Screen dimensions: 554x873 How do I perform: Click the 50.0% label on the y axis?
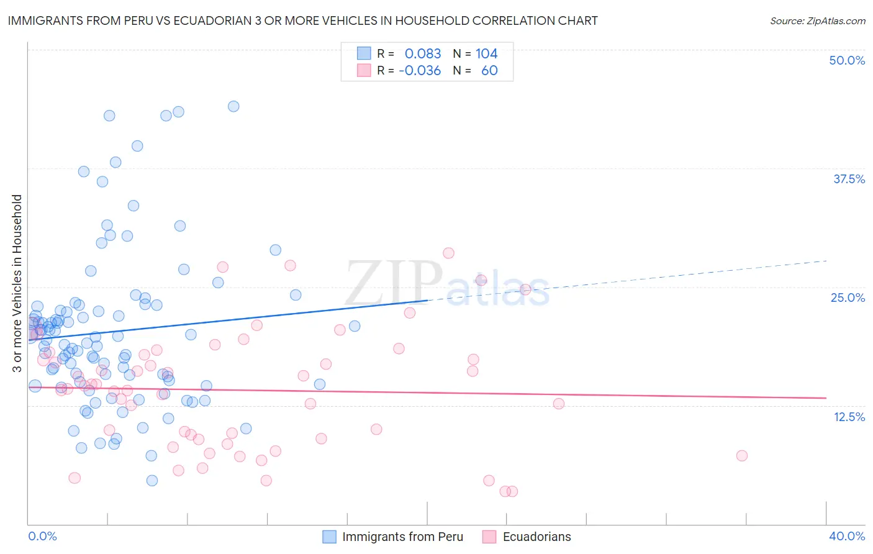coord(847,60)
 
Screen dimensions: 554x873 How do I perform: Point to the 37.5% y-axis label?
coord(849,179)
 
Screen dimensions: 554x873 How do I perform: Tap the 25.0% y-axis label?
coord(848,297)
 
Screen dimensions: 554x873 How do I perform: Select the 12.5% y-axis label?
coord(849,417)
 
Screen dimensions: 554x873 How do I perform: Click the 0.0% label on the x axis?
coord(43,536)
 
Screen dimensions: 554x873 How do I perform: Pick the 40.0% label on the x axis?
coord(847,536)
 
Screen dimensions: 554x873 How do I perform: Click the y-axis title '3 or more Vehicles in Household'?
coord(17,283)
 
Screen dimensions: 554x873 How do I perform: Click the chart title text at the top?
coord(302,20)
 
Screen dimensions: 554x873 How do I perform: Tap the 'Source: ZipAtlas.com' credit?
coord(817,20)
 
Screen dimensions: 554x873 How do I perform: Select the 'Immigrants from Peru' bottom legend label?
coord(402,537)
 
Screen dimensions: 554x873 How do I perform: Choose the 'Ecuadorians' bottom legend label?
coord(536,537)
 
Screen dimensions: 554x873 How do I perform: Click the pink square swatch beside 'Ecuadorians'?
coord(490,537)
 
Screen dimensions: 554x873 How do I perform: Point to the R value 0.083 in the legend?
coord(422,53)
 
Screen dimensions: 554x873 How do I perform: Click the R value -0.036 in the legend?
coord(420,70)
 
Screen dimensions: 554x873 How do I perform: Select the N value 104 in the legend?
coord(486,53)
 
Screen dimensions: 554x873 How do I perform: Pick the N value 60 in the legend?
coord(489,70)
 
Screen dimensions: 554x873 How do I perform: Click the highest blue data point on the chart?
coord(233,106)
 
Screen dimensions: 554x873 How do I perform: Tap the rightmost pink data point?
coord(741,455)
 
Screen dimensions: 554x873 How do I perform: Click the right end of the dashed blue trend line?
coord(826,261)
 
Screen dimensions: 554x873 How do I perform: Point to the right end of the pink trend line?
coord(826,397)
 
